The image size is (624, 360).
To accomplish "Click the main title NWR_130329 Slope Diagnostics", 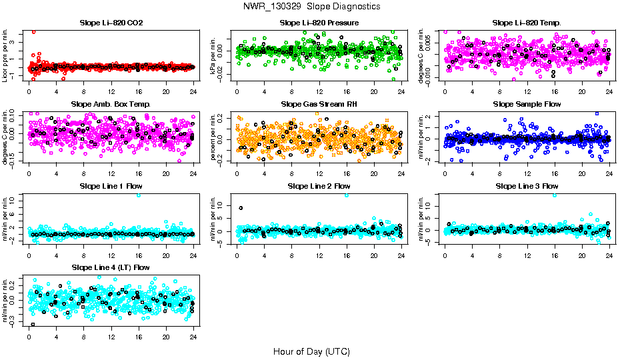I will point(312,6).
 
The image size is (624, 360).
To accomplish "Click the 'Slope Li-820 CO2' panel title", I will point(111,23).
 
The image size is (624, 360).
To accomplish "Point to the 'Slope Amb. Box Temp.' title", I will point(111,105).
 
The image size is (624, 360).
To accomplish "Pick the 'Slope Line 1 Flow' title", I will point(111,186).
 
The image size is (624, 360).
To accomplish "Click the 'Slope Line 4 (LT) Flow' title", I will point(111,267).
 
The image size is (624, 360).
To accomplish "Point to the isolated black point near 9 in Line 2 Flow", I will point(241,208).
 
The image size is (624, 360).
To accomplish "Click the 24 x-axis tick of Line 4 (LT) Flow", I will point(193,337).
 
